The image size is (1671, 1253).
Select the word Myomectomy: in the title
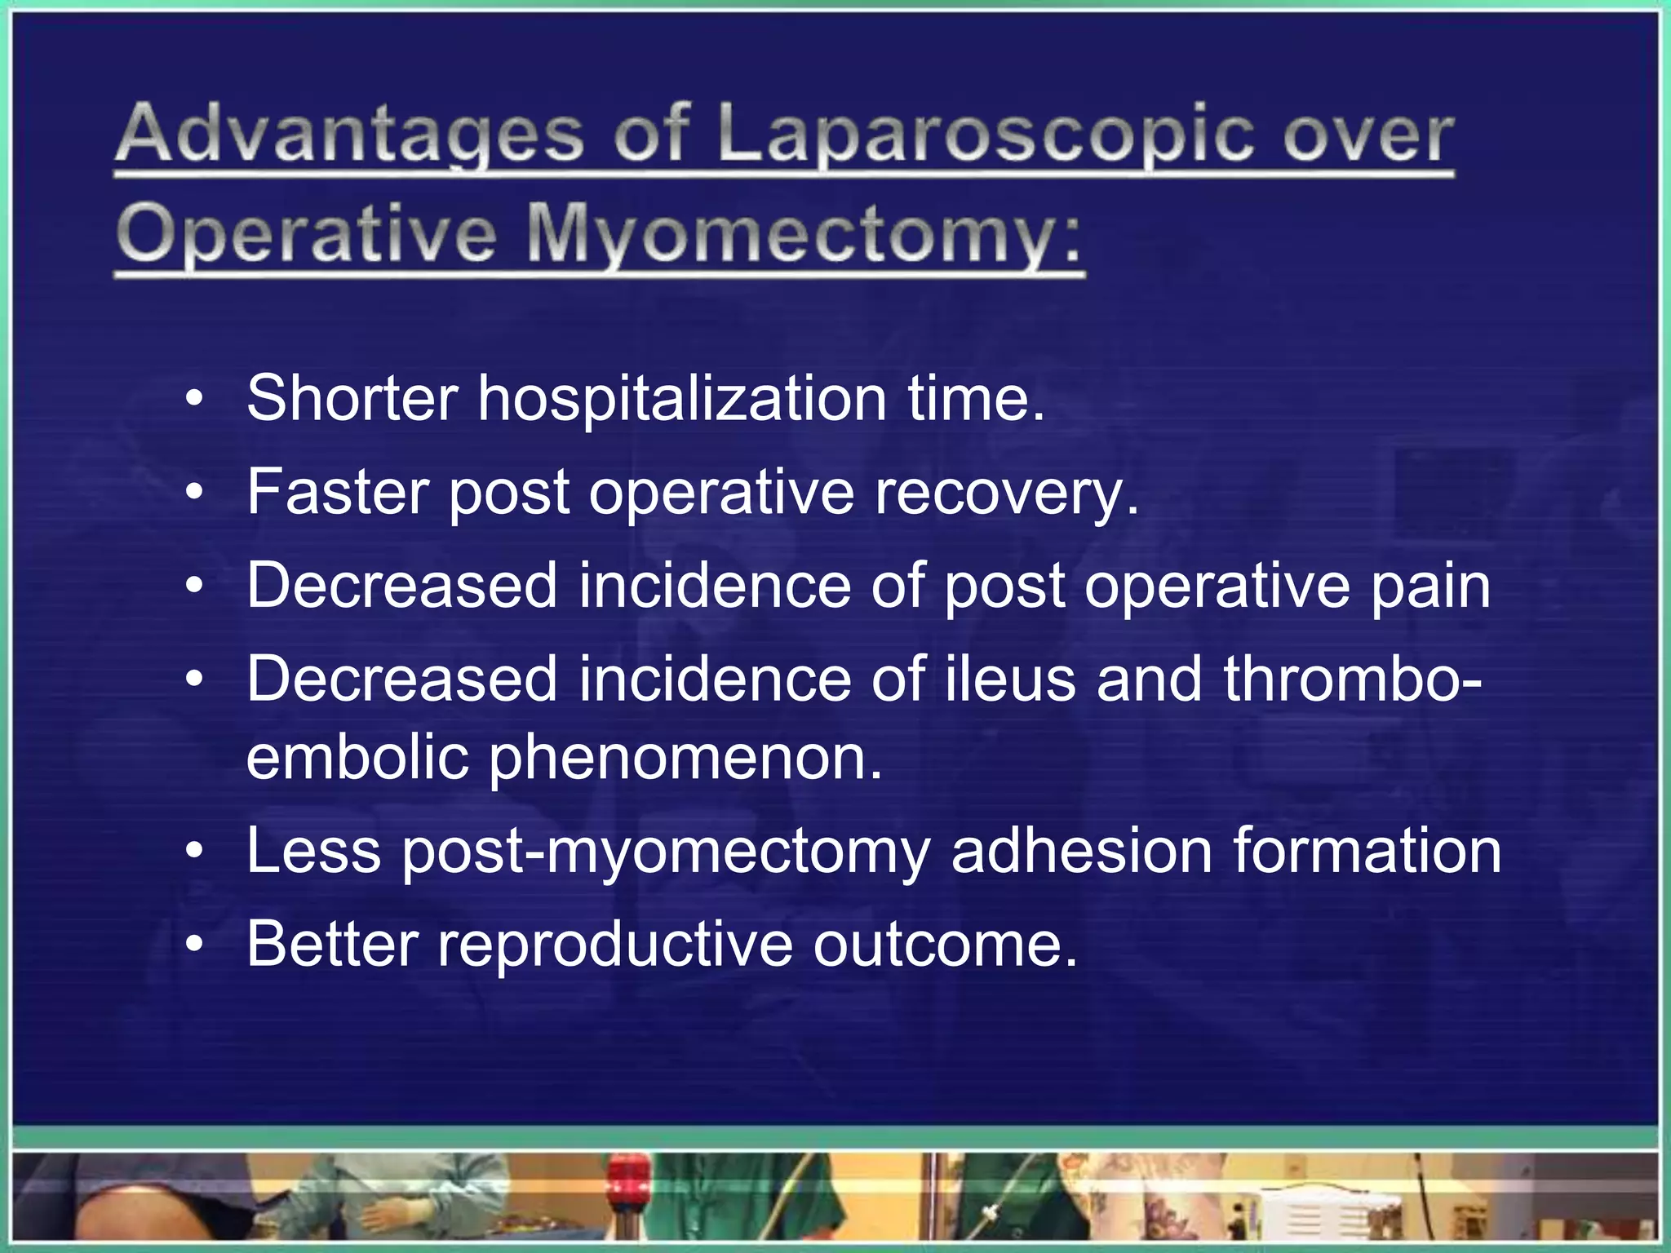coord(804,235)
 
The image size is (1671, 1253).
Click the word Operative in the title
coord(307,235)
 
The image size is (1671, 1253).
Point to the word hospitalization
coord(681,399)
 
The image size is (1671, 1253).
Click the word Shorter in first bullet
coord(352,399)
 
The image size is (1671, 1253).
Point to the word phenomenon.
coord(685,759)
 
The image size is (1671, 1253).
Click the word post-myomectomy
coord(666,852)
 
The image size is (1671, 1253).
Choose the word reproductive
coord(615,945)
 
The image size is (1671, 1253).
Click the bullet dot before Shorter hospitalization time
coord(193,400)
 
